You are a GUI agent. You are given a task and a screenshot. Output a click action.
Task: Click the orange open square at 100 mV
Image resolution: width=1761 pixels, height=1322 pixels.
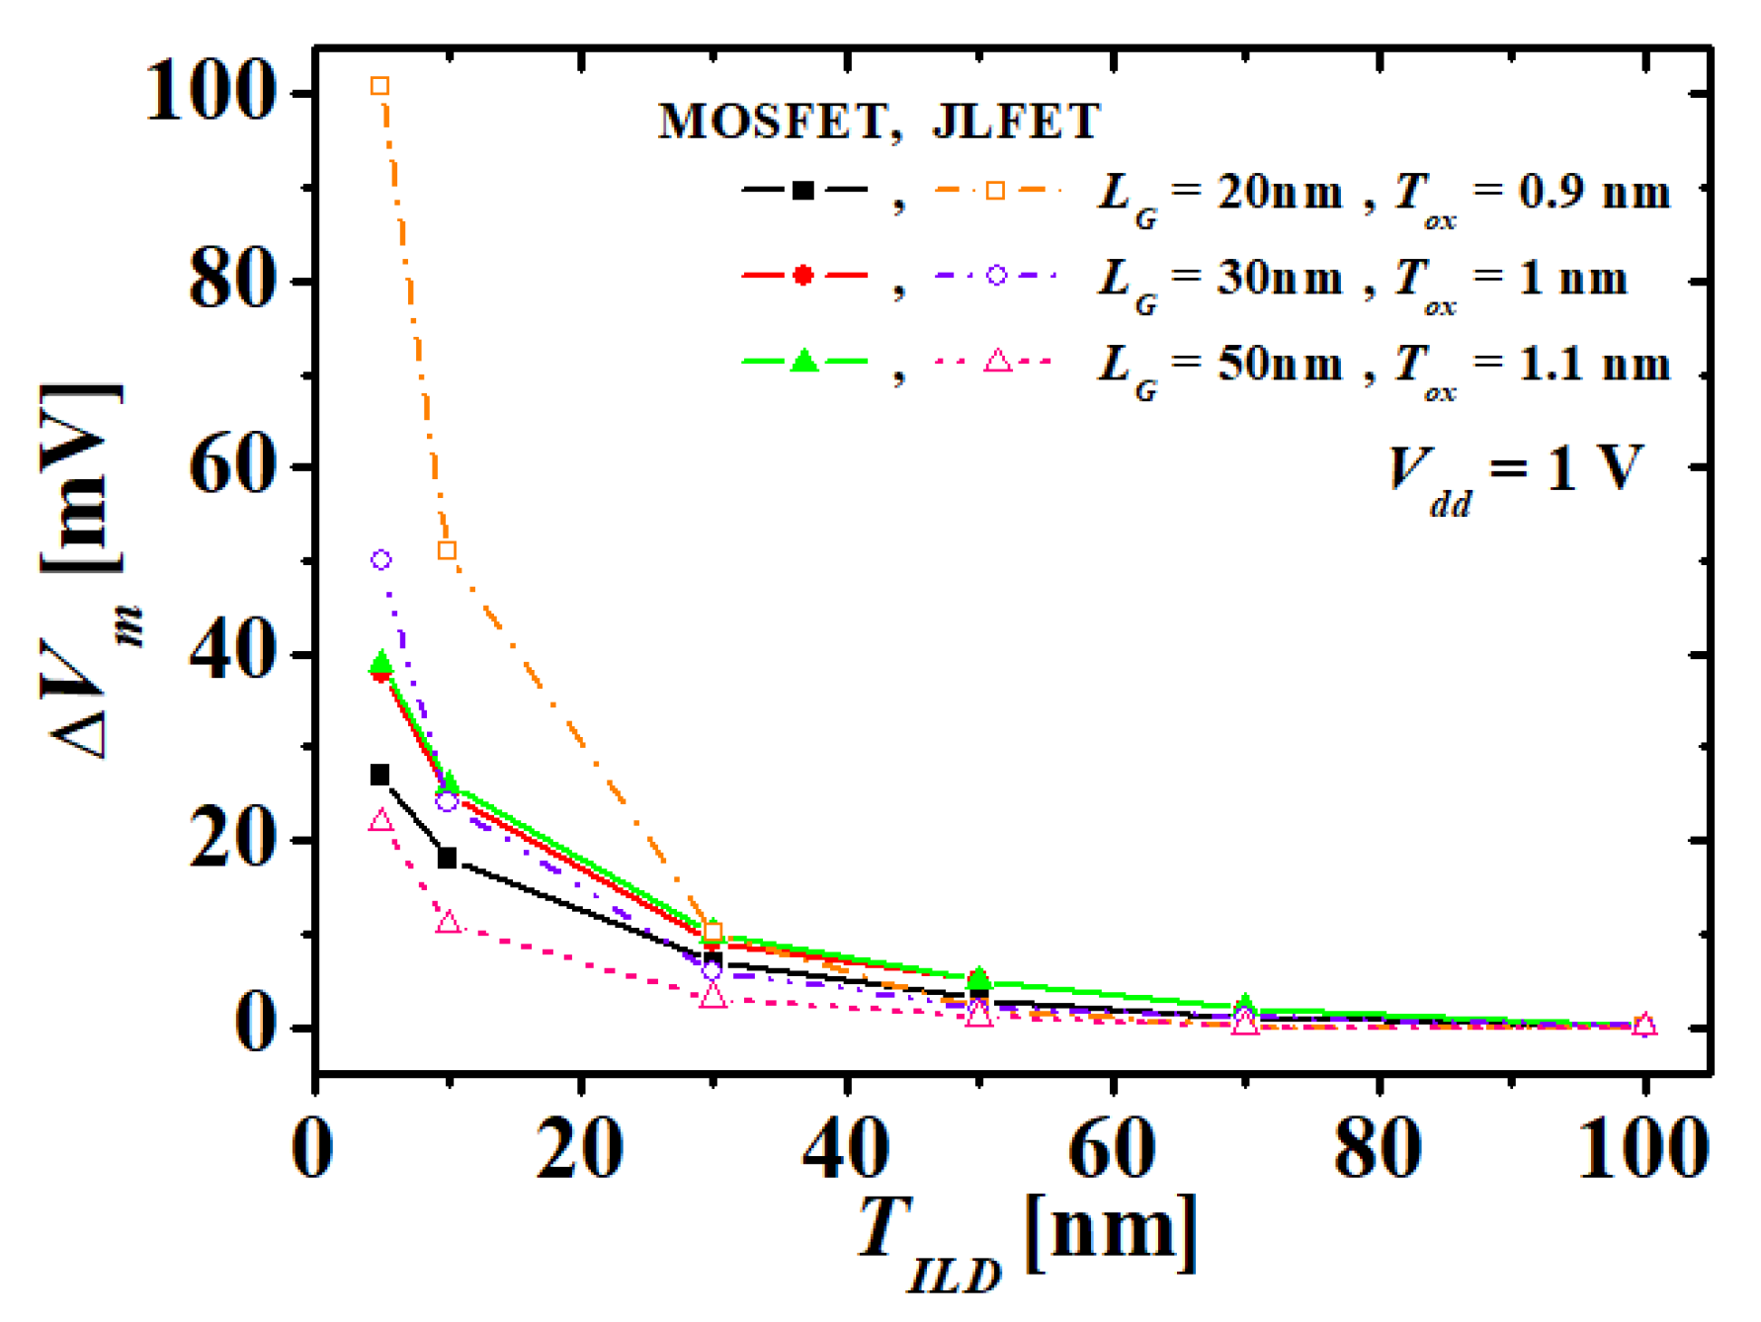(x=379, y=86)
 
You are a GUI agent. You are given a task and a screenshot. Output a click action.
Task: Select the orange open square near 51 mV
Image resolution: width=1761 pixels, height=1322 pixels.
(x=447, y=550)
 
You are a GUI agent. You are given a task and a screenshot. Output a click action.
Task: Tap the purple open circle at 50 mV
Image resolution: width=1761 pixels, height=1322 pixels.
(x=380, y=560)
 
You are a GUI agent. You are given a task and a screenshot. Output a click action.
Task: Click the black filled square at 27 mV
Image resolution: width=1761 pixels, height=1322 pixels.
(x=379, y=775)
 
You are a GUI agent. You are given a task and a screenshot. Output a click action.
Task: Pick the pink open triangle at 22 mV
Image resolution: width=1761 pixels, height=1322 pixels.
(x=380, y=821)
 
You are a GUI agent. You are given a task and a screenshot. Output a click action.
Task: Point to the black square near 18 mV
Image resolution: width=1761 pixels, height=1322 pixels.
(x=447, y=858)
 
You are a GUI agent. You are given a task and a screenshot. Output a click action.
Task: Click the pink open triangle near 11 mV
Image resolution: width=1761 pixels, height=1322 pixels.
(x=448, y=923)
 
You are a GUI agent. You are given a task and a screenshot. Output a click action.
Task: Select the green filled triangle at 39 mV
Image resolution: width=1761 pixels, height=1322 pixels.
(x=380, y=663)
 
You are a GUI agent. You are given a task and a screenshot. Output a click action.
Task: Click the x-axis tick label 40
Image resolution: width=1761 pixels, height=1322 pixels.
(x=846, y=1149)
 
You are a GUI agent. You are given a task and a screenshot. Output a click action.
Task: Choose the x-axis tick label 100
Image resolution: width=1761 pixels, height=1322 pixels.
(x=1643, y=1149)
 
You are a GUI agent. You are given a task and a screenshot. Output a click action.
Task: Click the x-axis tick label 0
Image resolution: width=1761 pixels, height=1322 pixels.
(x=313, y=1149)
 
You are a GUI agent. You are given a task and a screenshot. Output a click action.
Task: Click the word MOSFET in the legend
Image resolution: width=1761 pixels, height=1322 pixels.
(x=773, y=123)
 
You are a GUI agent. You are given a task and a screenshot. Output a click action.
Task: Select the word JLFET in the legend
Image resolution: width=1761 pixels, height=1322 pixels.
(x=1016, y=123)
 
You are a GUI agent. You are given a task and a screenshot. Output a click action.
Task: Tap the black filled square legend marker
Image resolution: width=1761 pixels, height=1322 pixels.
(x=803, y=191)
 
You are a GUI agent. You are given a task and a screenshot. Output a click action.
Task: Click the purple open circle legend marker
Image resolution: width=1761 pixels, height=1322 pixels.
(x=996, y=276)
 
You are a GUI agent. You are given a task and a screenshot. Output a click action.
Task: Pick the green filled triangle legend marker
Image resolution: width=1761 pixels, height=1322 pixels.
(x=804, y=362)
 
